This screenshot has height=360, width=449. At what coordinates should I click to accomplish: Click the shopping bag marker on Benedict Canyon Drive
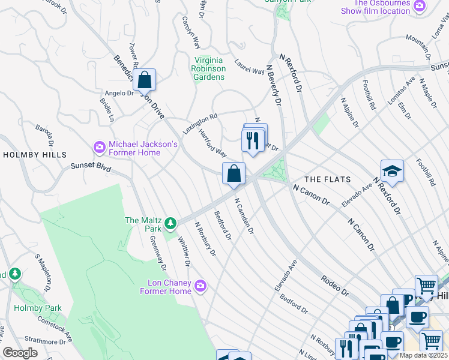click(144, 80)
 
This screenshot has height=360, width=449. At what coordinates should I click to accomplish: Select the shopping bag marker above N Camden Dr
click(234, 173)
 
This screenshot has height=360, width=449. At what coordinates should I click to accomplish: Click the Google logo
click(20, 353)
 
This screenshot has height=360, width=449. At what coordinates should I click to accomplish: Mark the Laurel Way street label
click(250, 70)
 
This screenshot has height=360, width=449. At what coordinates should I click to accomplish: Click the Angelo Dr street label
click(119, 93)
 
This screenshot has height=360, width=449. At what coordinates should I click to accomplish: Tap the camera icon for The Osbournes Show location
click(419, 6)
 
